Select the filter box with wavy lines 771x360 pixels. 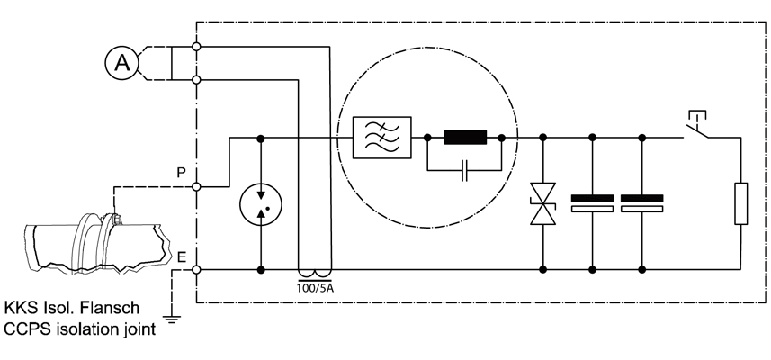coord(382,138)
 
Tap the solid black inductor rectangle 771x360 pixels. coord(465,138)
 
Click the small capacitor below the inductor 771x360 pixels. coord(464,171)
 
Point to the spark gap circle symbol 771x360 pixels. coord(261,204)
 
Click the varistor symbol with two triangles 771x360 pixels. coord(542,203)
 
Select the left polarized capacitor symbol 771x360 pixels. coord(592,203)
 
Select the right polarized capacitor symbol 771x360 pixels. coord(641,203)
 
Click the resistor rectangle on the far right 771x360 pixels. coord(740,203)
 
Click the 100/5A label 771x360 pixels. coord(315,287)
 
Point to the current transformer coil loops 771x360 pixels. coord(315,273)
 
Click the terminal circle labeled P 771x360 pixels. coord(196,187)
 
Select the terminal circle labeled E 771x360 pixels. coord(196,269)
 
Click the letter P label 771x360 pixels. coord(182,173)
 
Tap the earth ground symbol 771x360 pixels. coord(171,319)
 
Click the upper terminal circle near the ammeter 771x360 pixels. coord(196,47)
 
